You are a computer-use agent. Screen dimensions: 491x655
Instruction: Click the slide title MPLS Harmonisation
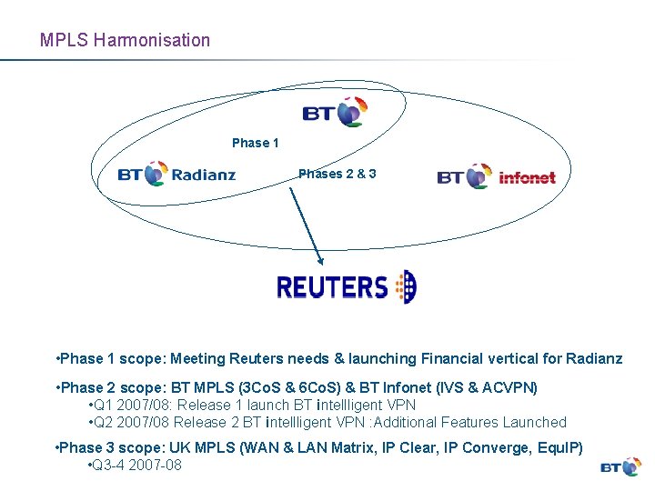[x=125, y=40]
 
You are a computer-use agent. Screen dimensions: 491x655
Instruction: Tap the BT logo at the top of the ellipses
[x=336, y=113]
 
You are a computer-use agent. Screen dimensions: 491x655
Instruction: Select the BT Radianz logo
[x=176, y=173]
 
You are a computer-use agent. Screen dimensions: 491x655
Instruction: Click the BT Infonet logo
[x=496, y=175]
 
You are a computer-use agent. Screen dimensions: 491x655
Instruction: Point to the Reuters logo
[x=346, y=286]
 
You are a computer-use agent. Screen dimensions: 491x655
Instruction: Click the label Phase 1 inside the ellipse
[x=256, y=143]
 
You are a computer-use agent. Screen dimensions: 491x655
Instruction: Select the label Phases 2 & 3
[x=338, y=173]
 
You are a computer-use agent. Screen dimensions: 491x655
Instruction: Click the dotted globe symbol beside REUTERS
[x=405, y=286]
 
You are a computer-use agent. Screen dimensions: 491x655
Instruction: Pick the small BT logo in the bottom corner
[x=621, y=466]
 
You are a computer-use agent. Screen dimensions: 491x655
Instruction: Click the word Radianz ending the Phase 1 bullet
[x=594, y=358]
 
